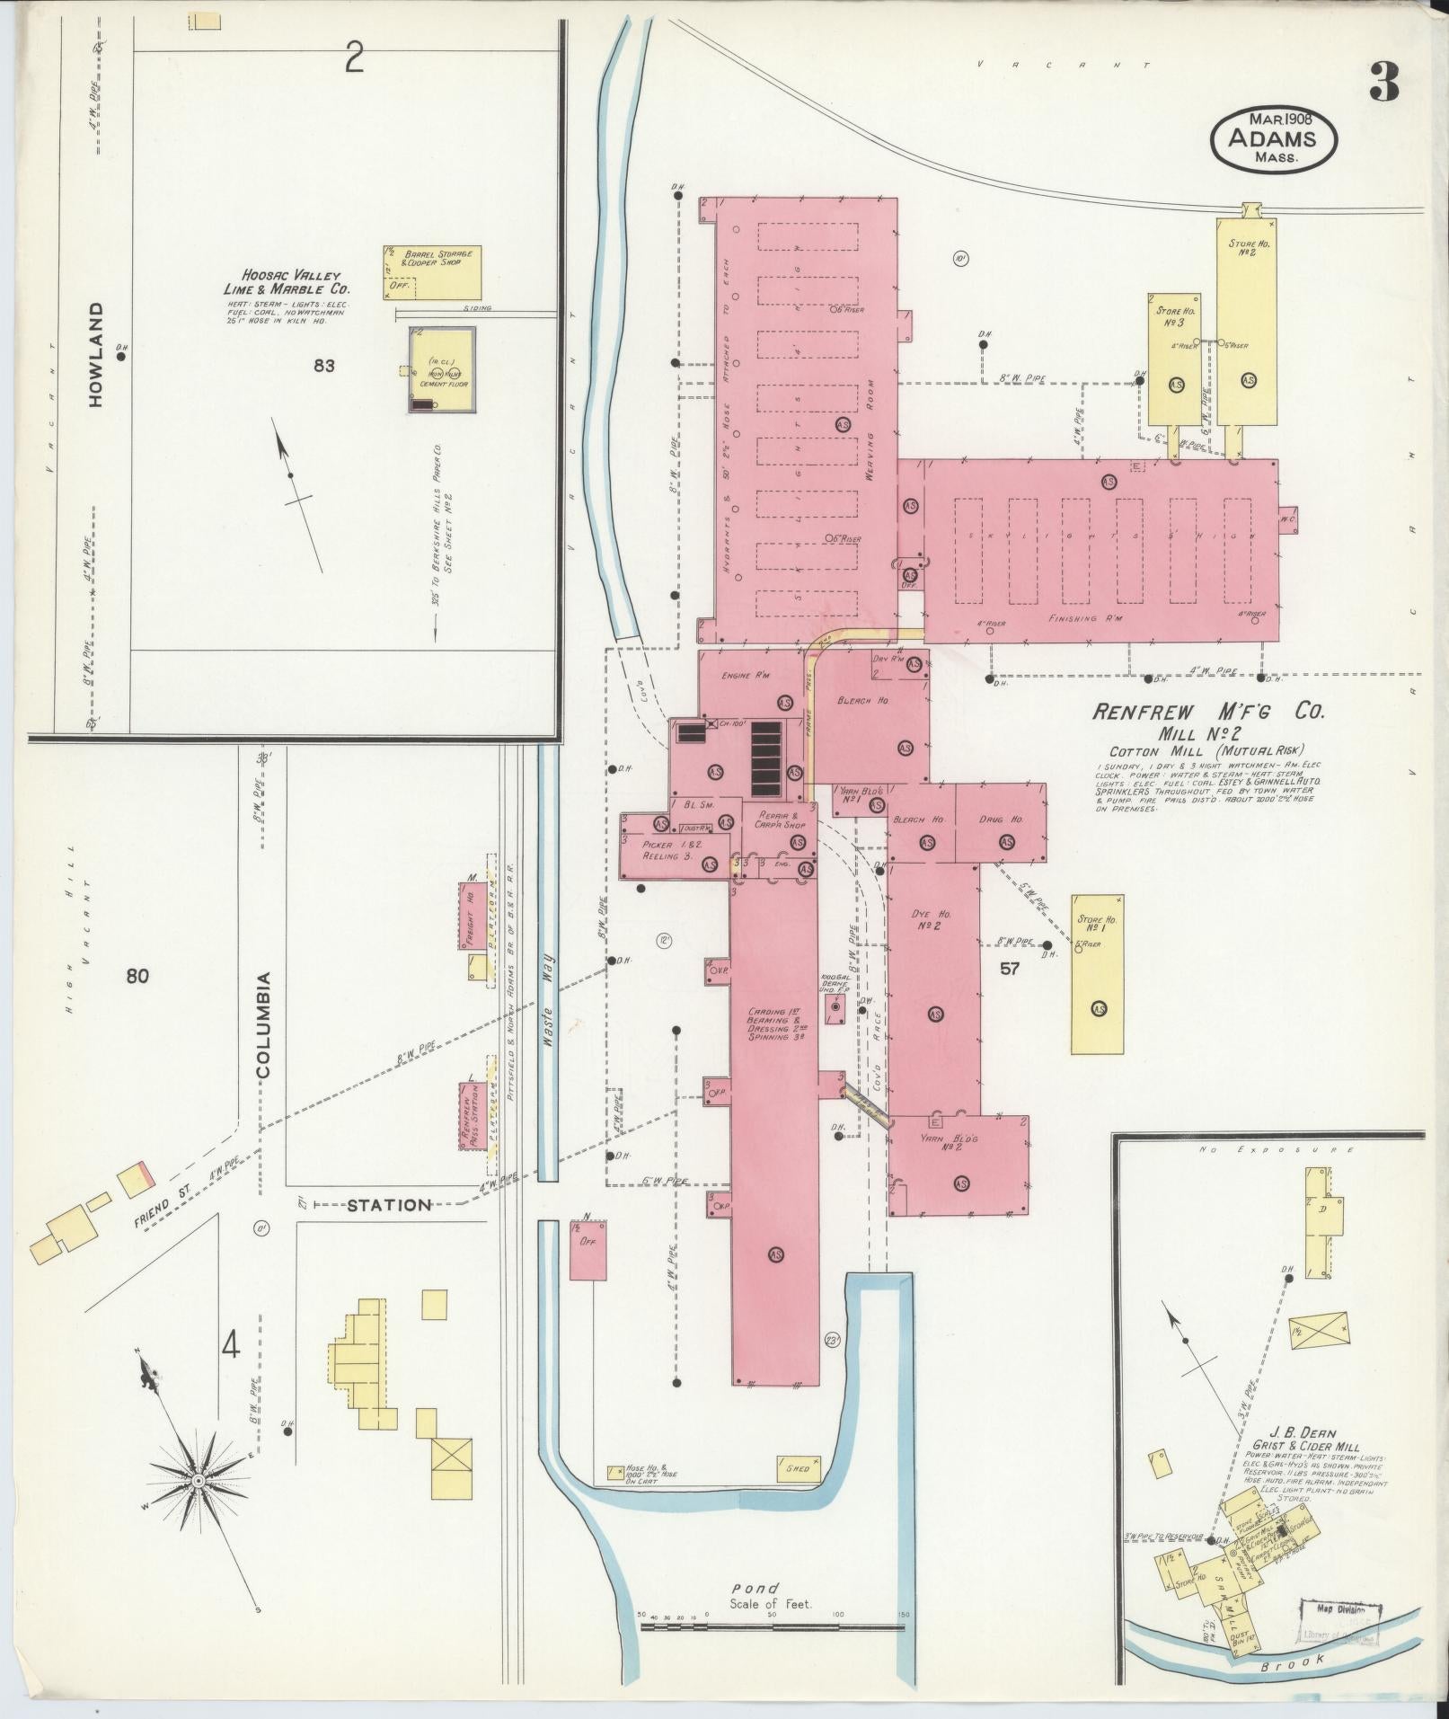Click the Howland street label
pos(96,353)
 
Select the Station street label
pos(389,1204)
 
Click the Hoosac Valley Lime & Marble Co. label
pos(287,282)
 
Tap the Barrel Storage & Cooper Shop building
pos(432,271)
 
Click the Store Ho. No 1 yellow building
pos(1097,972)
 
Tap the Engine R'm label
pos(747,676)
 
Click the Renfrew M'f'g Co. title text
pos(1208,713)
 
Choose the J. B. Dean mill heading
pos(1303,1433)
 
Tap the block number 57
pos(1010,968)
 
